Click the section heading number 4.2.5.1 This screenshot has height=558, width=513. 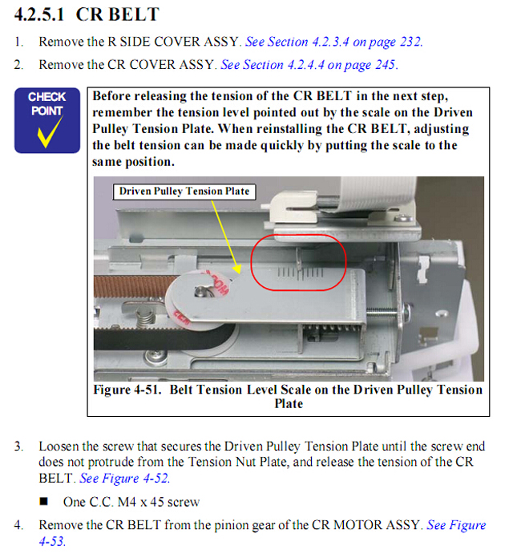coord(39,14)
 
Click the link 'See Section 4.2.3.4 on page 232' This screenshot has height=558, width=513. coord(333,42)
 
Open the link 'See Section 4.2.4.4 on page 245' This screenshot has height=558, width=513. coord(308,65)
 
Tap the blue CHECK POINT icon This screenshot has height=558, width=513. coord(47,120)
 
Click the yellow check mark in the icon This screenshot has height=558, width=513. coord(49,131)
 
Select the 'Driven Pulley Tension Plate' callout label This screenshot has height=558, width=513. coord(184,192)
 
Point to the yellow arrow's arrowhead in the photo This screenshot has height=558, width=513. coord(236,269)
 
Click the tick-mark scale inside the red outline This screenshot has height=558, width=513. coord(300,273)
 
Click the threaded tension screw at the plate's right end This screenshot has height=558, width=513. coord(382,312)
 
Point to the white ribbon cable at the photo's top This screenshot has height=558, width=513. coord(377,193)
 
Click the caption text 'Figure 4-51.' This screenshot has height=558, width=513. coord(127,390)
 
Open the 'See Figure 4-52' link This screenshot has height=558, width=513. coord(123,478)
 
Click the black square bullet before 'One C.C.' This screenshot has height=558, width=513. coord(44,501)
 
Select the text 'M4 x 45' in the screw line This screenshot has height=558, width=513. coord(141,502)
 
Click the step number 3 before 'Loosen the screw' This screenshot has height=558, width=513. coord(18,447)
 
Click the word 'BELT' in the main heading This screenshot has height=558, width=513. coord(134,14)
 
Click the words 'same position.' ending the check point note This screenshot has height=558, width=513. coord(133,162)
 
